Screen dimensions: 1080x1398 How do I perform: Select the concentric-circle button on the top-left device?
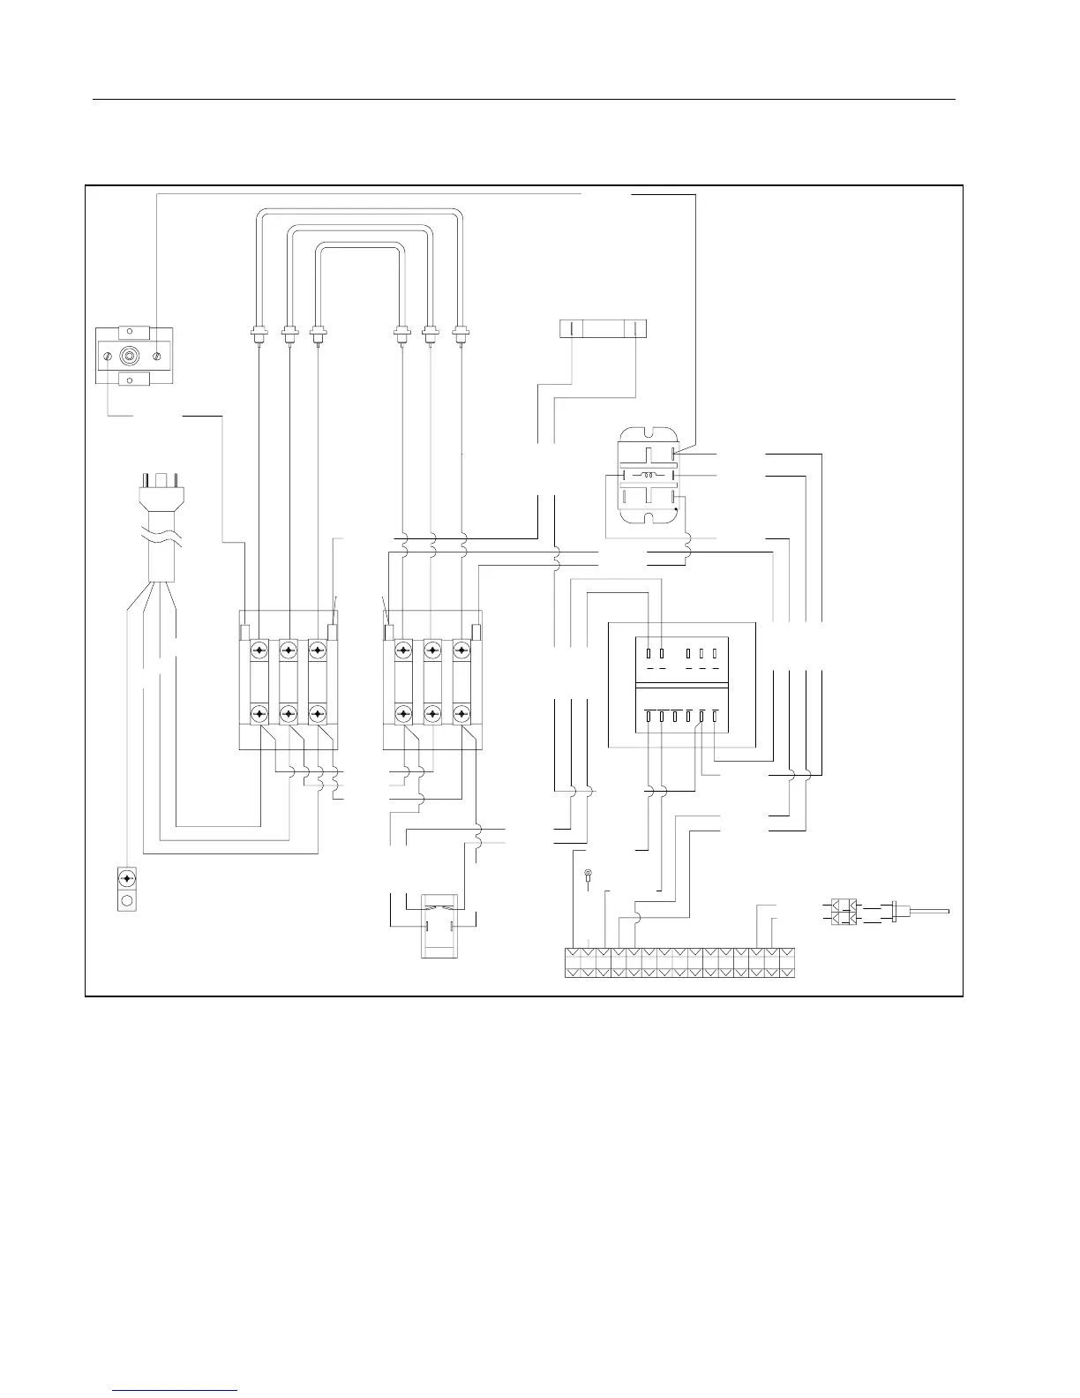click(x=132, y=356)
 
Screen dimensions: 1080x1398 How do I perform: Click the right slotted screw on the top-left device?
click(x=157, y=356)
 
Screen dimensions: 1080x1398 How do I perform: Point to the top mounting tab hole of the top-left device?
click(x=132, y=333)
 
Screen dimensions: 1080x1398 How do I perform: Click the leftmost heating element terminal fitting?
click(x=258, y=335)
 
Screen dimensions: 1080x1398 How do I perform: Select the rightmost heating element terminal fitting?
click(x=460, y=335)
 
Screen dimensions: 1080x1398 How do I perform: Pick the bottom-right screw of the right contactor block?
click(x=461, y=712)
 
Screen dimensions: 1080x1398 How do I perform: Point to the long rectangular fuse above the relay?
click(x=604, y=328)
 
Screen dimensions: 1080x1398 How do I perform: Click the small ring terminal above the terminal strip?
click(x=588, y=876)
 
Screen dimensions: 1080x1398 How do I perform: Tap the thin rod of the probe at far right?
click(x=926, y=911)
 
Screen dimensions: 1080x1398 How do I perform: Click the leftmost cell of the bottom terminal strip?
click(x=573, y=963)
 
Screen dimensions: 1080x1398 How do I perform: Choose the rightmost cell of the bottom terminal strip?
click(x=787, y=963)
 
